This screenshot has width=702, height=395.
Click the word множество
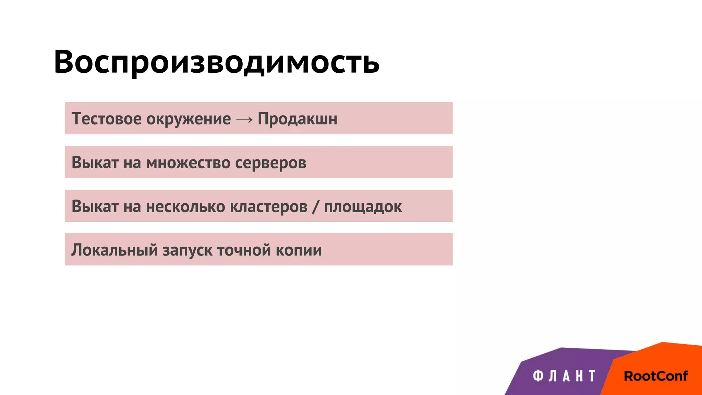pyautogui.click(x=188, y=163)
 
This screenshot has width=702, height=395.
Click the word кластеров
pyautogui.click(x=269, y=207)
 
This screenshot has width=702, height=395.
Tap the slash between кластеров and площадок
pyautogui.click(x=316, y=207)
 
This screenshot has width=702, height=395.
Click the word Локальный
pyautogui.click(x=114, y=250)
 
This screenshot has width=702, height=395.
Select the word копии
pyautogui.click(x=299, y=250)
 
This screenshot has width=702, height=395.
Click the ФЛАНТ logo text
pyautogui.click(x=564, y=376)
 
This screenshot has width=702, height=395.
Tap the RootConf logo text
pyautogui.click(x=655, y=376)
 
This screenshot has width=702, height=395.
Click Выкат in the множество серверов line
pyautogui.click(x=95, y=163)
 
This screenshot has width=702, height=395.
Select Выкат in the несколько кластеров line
pyautogui.click(x=95, y=206)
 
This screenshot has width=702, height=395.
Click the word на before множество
pyautogui.click(x=132, y=163)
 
